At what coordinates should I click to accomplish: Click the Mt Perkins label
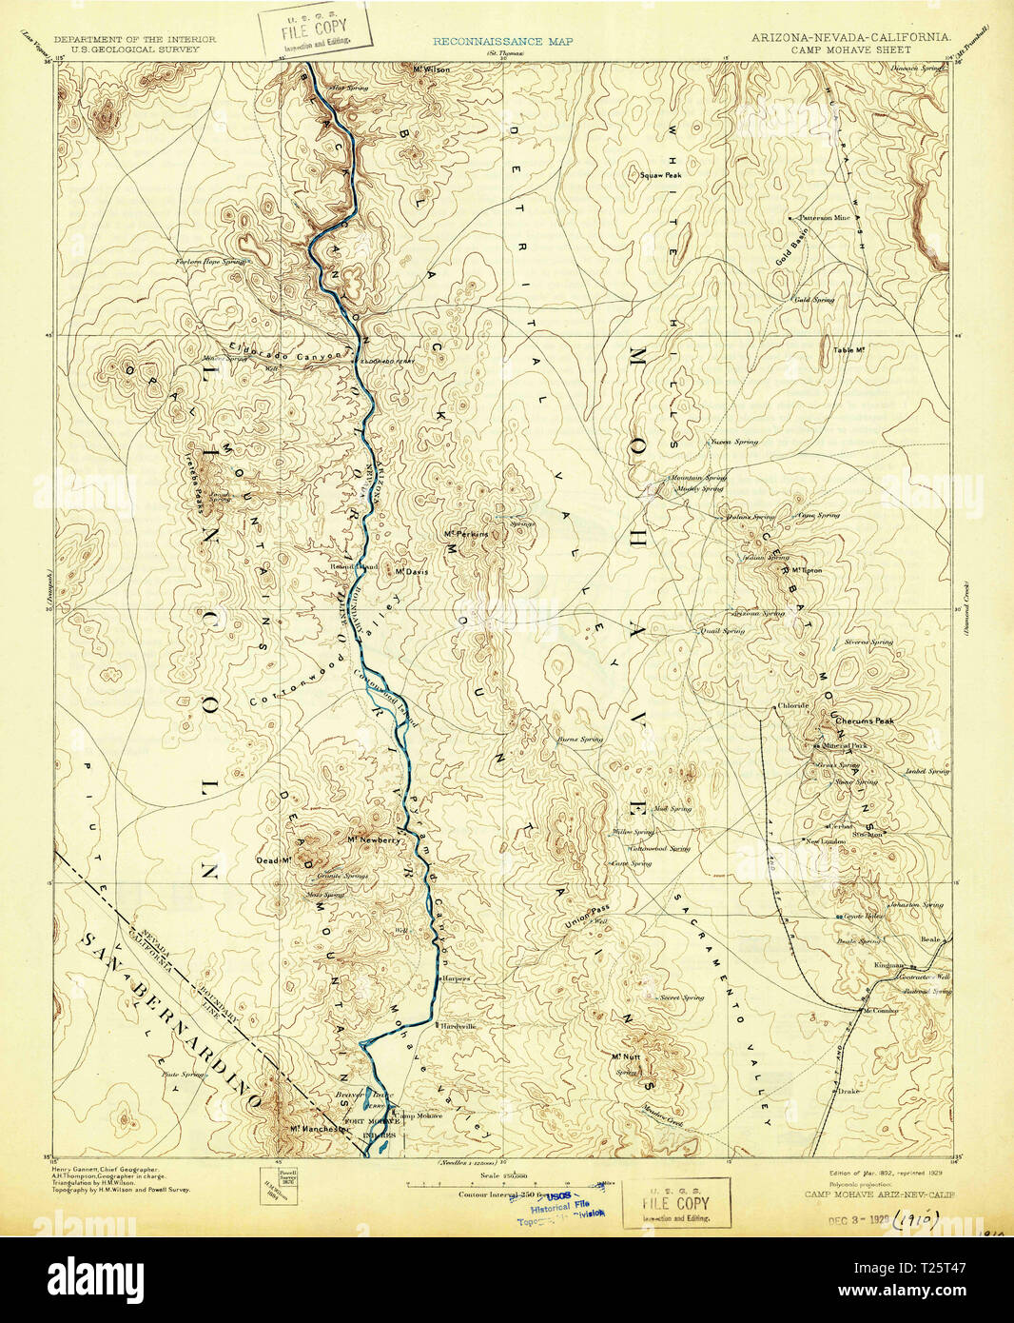pos(466,534)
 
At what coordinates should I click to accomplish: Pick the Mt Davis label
pos(413,571)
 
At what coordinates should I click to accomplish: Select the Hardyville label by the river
pos(456,1026)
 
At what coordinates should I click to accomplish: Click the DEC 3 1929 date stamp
pos(857,1219)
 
